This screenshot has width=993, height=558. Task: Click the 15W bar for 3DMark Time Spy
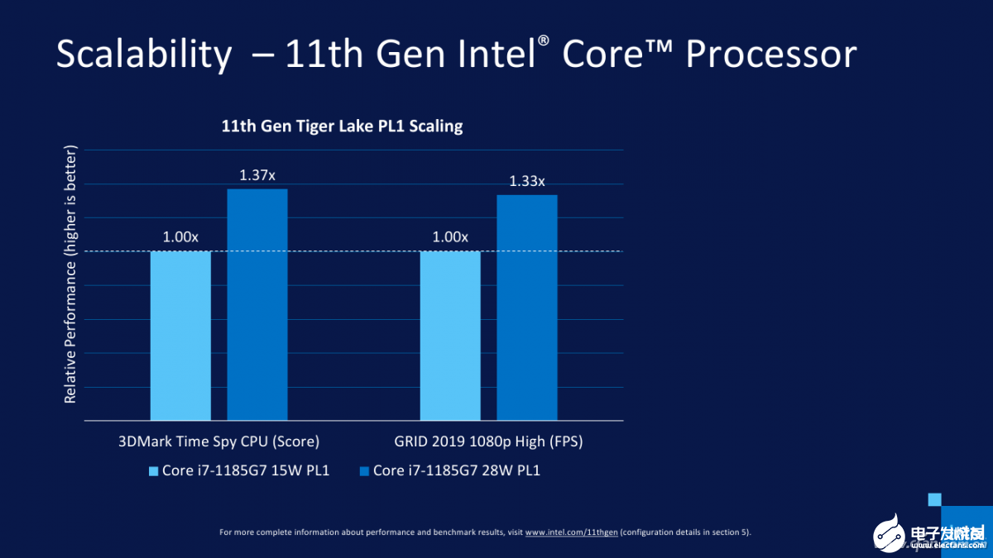pos(180,336)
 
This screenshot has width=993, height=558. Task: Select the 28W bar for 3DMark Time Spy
pos(257,305)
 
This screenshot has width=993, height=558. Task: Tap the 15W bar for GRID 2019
pos(450,336)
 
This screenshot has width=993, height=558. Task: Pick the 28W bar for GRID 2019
pos(527,308)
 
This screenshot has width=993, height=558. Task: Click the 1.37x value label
pos(257,175)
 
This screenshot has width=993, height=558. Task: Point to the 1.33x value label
pos(527,181)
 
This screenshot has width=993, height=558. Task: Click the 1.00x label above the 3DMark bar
pos(180,237)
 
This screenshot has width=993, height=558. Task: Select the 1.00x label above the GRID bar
pos(450,237)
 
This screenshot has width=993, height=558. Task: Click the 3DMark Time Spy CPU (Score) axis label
pos(219,441)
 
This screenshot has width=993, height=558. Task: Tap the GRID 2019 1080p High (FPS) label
pos(489,441)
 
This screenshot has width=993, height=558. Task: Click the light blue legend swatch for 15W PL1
pos(153,471)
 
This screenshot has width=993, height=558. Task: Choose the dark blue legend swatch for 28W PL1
pos(364,471)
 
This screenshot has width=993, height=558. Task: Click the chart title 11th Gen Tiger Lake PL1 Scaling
pos(342,126)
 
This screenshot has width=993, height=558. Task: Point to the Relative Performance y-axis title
pos(70,274)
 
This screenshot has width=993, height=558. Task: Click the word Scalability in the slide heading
pos(144,55)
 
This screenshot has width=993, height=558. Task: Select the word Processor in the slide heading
pos(771,55)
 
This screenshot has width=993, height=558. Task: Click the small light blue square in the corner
pos(935,498)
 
